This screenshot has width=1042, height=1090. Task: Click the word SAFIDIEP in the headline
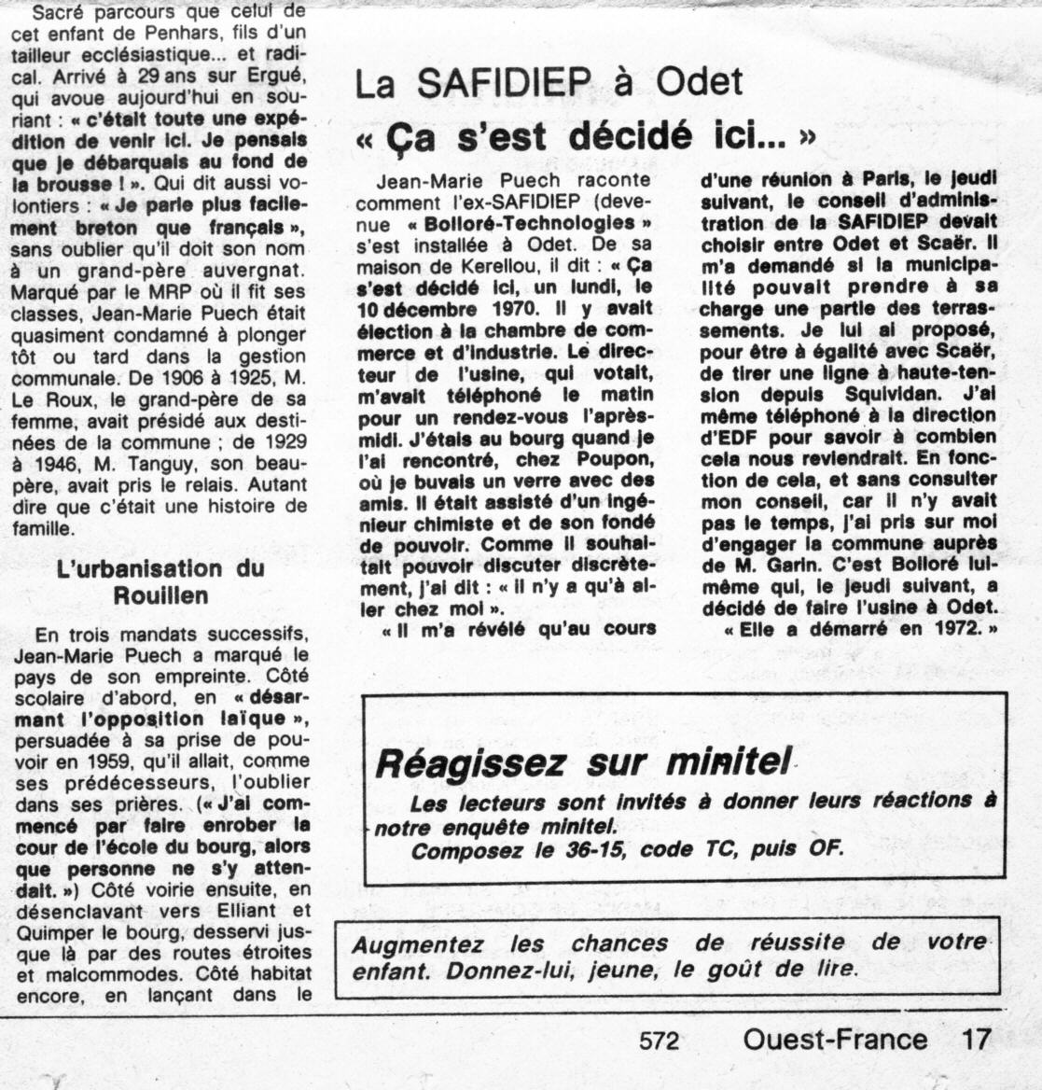[x=504, y=85]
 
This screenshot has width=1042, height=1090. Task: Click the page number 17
[x=975, y=1040]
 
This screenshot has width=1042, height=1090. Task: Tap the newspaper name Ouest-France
[x=835, y=1040]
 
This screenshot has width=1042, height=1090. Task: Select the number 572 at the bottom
[x=660, y=1041]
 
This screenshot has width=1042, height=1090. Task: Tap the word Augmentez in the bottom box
[x=417, y=943]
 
